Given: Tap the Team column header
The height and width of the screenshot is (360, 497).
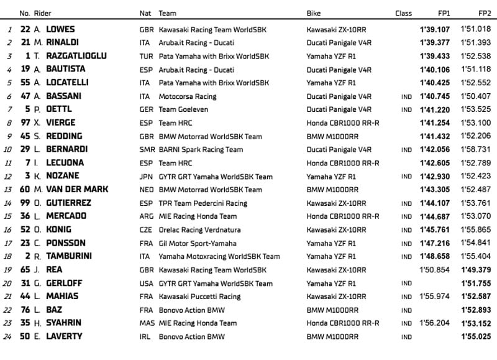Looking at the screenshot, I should click(167, 12).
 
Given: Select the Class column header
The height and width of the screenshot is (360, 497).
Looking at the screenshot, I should click(403, 12).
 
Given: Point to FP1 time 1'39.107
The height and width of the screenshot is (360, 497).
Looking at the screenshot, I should click(432, 29).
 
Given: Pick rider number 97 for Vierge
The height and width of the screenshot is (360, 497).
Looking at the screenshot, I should click(26, 122).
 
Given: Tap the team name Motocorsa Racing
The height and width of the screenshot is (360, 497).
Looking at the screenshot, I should click(187, 96).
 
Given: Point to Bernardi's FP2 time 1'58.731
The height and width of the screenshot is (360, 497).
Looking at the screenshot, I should click(476, 149).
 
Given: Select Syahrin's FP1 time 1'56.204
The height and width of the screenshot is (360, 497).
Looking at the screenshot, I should click(433, 323).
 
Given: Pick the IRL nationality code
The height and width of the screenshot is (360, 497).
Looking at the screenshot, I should click(146, 337).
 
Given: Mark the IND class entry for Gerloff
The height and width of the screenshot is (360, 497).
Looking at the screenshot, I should click(406, 284).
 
